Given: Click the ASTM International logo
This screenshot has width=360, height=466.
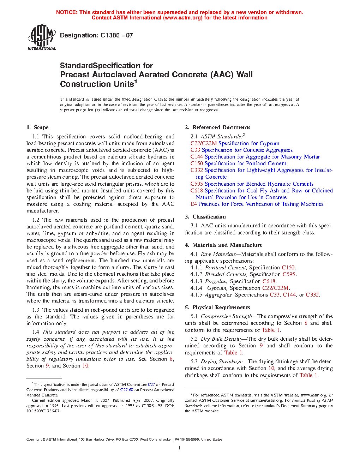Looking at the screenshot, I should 41,37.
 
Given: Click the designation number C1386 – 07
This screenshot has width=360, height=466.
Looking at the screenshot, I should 116,35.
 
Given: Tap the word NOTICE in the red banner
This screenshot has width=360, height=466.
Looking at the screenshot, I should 67,12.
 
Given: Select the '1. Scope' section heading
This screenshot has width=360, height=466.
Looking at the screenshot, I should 37,127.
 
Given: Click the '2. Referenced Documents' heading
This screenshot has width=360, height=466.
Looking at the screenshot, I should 217,127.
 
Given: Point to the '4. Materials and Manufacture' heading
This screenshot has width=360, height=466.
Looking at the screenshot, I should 223,245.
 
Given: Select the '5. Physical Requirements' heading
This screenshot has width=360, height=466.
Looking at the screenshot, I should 217,307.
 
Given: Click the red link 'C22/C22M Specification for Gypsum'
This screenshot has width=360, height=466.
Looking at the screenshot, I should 235,143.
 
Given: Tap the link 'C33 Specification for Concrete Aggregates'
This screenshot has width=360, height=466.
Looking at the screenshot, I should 241,150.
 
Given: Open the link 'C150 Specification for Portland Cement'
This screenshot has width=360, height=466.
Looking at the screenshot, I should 238,163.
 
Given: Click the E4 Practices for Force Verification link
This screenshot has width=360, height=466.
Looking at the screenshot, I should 257,204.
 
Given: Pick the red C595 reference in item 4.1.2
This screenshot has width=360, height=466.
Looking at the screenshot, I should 289,274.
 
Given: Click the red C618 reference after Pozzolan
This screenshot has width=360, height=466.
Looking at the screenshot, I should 269,281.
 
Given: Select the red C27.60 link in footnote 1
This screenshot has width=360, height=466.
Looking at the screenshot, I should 126,390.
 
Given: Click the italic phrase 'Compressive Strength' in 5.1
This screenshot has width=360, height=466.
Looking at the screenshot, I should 226,316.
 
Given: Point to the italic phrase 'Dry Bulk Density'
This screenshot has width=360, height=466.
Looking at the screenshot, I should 221,339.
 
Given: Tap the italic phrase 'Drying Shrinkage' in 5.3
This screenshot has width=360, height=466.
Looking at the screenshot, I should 221,362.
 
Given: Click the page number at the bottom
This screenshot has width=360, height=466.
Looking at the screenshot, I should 180,448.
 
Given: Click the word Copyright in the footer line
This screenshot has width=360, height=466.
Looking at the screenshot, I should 34,440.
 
